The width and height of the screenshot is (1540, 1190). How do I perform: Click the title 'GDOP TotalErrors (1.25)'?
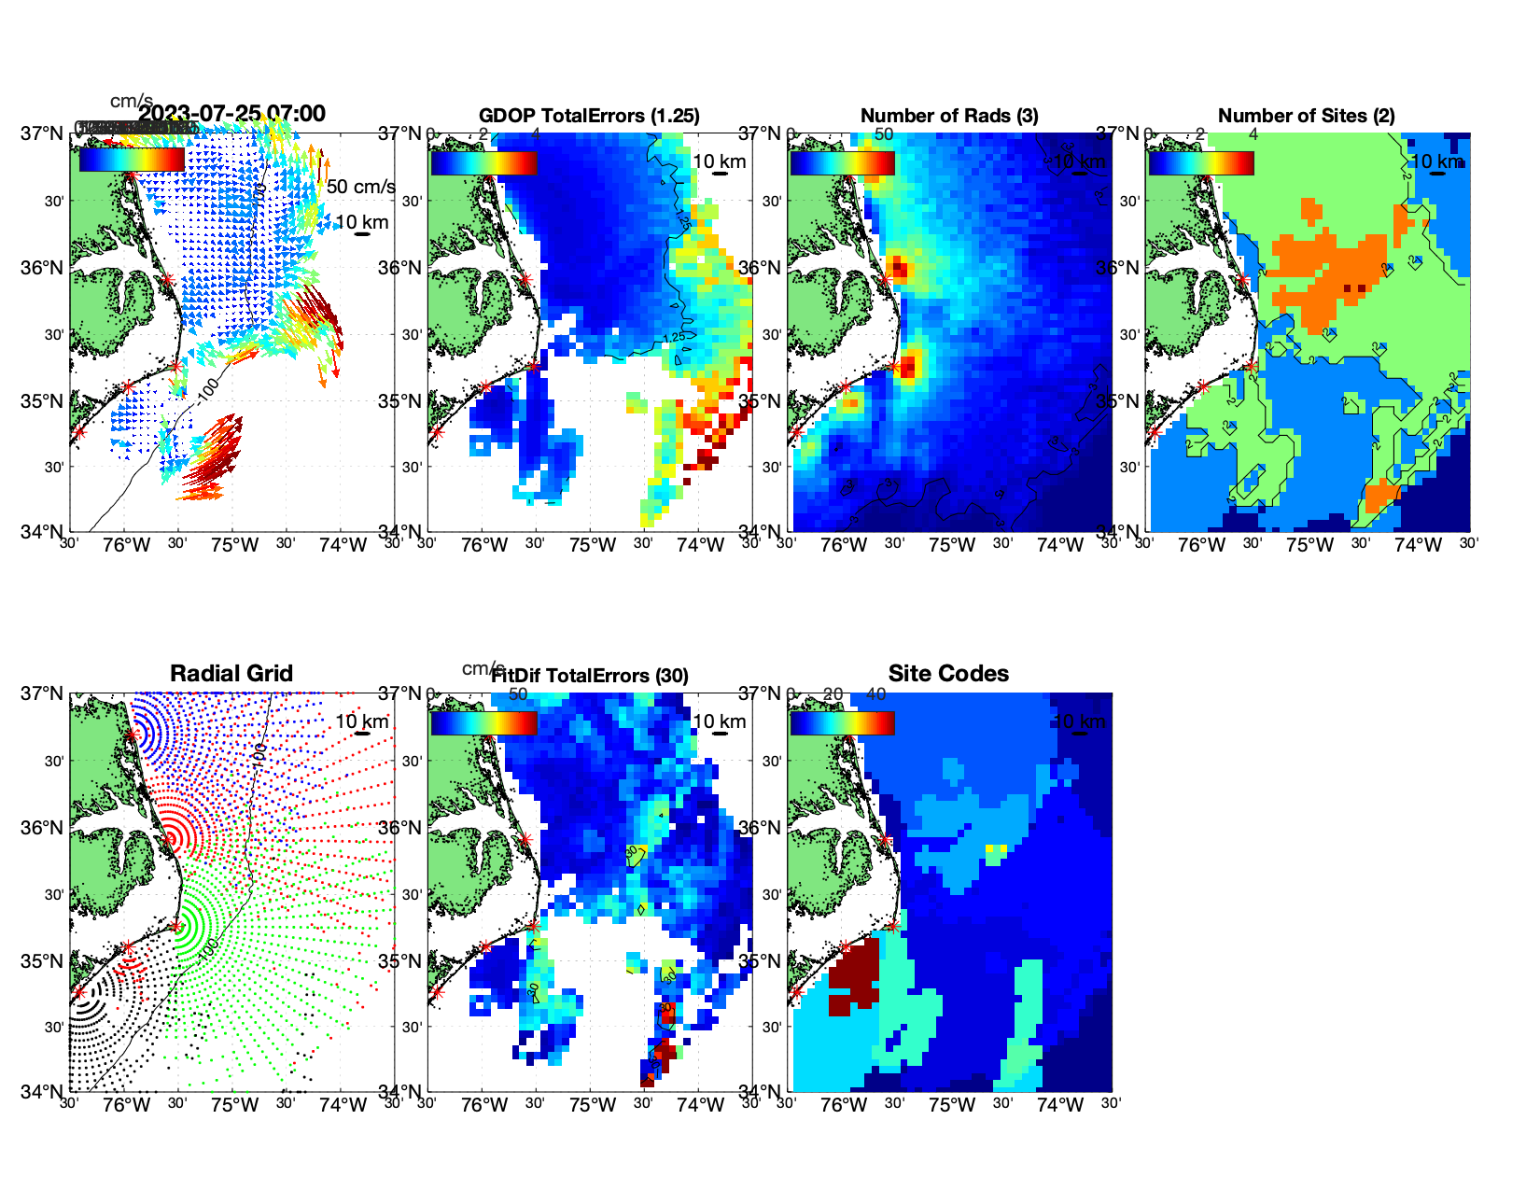coord(589,116)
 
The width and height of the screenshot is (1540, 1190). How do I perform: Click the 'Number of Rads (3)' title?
coord(949,116)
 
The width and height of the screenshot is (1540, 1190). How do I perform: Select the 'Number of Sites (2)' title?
coord(1306,116)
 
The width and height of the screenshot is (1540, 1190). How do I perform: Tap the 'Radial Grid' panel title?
coord(231,674)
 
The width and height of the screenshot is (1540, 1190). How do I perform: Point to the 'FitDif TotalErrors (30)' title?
coord(590,676)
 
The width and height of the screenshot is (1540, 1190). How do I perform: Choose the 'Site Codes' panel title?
coord(948,674)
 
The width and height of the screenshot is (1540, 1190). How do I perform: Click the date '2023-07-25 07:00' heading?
coord(232,114)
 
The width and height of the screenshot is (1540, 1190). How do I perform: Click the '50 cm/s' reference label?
coord(360,187)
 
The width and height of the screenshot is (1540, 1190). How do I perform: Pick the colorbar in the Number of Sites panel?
coord(1201,162)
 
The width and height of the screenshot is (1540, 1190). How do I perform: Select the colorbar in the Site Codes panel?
coord(842,722)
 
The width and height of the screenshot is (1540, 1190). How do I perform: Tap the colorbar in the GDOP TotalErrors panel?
coord(483,162)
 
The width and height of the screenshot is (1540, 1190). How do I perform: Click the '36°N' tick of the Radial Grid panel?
coord(43,828)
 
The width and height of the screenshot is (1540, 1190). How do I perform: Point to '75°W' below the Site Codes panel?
coord(952,1106)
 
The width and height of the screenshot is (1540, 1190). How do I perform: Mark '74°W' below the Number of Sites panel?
coord(1418,546)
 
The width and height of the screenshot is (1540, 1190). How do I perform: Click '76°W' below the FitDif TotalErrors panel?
coord(484,1106)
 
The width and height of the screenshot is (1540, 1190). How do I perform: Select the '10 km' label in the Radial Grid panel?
coord(361,721)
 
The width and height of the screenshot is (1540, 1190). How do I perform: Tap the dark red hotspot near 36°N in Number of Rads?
coord(899,270)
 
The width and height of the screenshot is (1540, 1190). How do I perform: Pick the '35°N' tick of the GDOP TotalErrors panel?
coord(401,401)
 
